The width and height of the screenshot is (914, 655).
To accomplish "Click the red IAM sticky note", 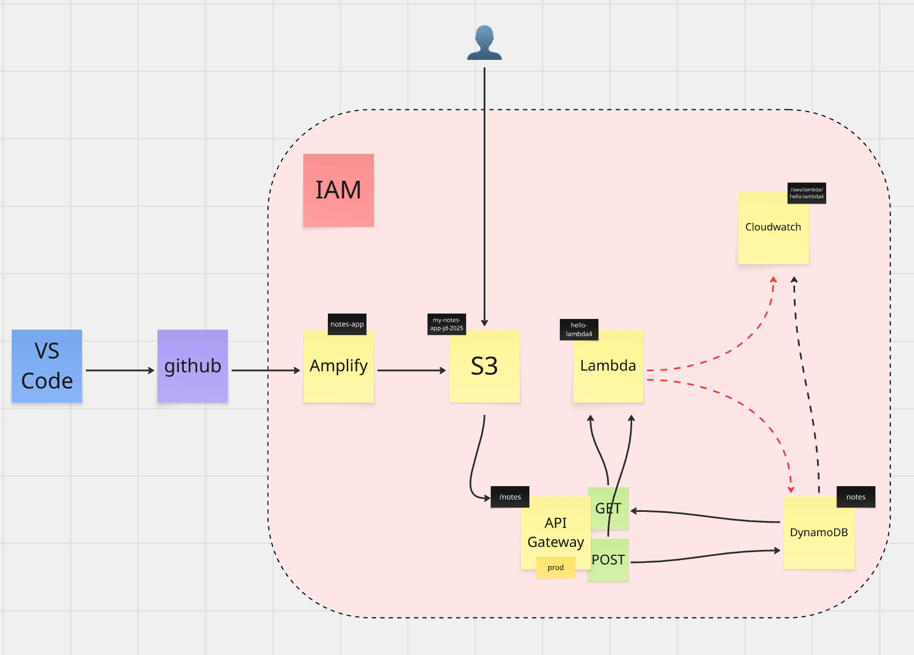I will coord(338,190).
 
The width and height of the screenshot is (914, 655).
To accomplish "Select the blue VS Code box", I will coord(47,366).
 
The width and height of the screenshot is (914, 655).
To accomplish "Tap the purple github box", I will coord(192,366).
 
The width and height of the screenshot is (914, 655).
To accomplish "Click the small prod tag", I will coord(556,568).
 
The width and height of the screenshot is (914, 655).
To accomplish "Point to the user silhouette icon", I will coord(484,43).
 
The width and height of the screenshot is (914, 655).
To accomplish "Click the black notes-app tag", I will coord(347,324).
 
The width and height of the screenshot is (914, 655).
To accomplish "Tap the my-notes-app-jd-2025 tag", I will coord(446,324).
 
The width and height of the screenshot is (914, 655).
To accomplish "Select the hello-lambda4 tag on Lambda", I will coord(579,330).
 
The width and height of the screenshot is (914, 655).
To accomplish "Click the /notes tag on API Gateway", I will coord(510,497).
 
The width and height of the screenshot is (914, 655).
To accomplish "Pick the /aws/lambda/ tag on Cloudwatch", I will coord(806,193).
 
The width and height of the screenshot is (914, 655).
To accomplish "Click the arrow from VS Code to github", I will coord(119,370).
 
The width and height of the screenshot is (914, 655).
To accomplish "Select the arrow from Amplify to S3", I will coord(410,370).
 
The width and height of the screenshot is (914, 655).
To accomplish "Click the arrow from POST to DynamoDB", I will coord(707,556).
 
